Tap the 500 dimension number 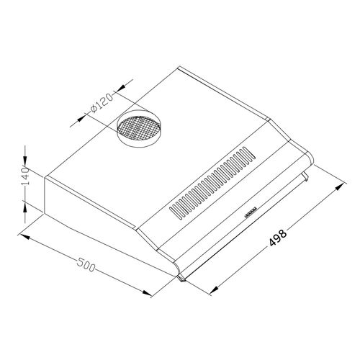(85, 266)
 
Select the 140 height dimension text (24, 176)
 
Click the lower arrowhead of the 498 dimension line (214, 291)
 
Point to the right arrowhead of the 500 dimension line (148, 294)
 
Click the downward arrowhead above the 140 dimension (26, 161)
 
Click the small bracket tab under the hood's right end (306, 176)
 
